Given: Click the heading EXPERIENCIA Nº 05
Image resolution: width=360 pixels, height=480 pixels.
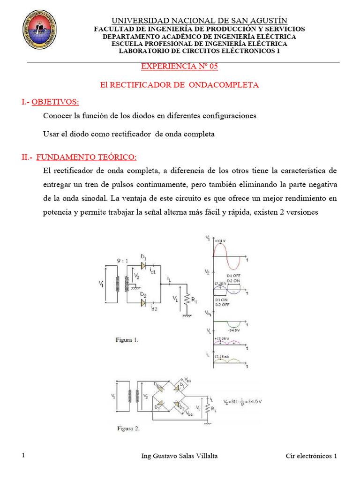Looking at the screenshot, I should pos(180,67).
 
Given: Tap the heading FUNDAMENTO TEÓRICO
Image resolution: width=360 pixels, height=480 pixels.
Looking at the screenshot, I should pos(87,157).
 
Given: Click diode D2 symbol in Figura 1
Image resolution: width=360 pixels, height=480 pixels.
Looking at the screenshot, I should pos(143,303).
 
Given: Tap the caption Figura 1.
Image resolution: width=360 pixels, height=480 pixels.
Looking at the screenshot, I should pos(127,340).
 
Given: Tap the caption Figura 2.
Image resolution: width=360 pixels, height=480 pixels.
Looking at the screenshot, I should pos(127,427).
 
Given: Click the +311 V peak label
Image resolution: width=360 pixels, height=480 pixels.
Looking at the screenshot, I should pos(222,242).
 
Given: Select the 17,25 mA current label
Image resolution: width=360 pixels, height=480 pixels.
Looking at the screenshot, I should pos(223,357).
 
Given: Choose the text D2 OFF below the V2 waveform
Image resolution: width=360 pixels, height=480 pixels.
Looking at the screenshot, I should pos(222,304).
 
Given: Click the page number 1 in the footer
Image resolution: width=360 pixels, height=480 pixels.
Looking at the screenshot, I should pos(23,456).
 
